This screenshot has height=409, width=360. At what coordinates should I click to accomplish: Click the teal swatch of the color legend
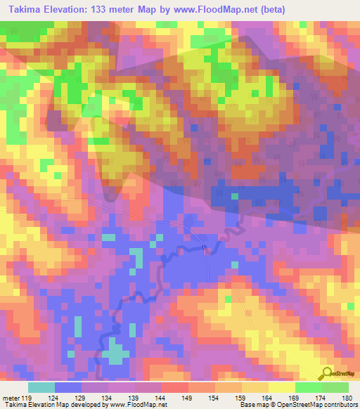pyautogui.click(x=41, y=387)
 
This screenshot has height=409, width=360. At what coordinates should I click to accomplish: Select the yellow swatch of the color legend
pyautogui.click(x=281, y=387)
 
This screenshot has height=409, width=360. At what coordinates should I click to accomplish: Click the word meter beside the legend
pyautogui.click(x=9, y=397)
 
